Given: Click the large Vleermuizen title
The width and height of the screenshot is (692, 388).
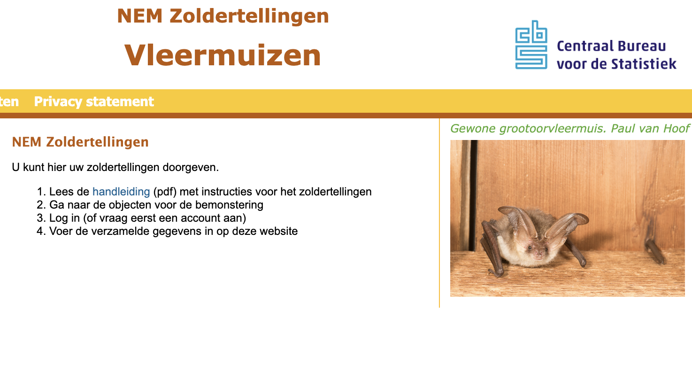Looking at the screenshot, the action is tap(223, 55).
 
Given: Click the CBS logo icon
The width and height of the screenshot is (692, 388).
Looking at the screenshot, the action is tap(531, 45).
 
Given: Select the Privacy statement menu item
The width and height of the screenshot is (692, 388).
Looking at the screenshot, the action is tap(94, 101).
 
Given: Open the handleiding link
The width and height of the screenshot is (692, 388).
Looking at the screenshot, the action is tap(121, 192).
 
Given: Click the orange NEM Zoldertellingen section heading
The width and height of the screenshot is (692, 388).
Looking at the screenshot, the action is tap(80, 142).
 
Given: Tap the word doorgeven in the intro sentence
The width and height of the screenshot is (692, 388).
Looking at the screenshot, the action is tap(191, 168).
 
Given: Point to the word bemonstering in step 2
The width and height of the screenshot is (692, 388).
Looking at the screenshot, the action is tap(229, 205).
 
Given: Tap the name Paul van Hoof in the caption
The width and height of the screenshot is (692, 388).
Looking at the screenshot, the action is tap(650, 128).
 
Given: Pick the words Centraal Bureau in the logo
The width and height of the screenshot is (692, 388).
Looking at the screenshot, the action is tap(611, 46).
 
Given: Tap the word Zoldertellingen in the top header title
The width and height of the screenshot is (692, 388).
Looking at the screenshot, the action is tap(249, 16).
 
